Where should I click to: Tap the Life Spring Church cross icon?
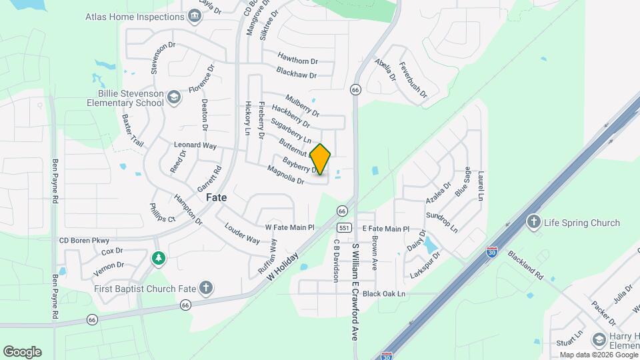[533, 223]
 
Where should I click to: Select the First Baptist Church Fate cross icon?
[207, 288]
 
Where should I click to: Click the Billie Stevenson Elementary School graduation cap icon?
[174, 98]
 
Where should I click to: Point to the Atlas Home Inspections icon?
[195, 17]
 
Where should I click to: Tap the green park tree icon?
[158, 257]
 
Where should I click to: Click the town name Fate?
[216, 197]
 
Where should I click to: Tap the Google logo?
[22, 351]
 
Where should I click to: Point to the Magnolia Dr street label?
[285, 175]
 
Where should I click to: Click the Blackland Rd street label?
[525, 265]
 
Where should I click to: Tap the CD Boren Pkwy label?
[84, 240]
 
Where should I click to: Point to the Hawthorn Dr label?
[297, 61]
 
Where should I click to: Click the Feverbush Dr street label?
[413, 81]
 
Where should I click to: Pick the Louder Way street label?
[243, 234]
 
